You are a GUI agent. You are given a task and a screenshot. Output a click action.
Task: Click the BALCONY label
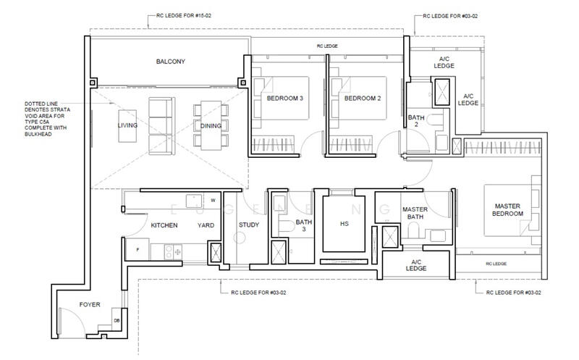(170, 62)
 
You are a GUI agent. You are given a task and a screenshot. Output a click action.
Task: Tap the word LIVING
(127, 125)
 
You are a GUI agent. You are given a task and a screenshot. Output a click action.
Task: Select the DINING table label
(211, 125)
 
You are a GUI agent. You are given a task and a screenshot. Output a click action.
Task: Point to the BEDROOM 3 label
(284, 99)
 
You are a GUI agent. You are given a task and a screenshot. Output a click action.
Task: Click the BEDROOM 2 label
(363, 99)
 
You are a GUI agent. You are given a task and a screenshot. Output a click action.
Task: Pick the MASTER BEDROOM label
(507, 209)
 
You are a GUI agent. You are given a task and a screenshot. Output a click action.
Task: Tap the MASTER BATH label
(415, 213)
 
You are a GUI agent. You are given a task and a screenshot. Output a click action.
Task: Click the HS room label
(345, 224)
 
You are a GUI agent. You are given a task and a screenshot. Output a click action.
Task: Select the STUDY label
(249, 225)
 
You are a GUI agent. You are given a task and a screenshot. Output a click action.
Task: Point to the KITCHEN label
(164, 225)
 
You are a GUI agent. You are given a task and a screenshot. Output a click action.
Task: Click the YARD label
(206, 225)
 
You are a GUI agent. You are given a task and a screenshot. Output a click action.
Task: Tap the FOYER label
(90, 304)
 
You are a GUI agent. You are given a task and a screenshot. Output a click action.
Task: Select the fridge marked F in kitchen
(138, 249)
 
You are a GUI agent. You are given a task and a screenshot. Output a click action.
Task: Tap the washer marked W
(213, 201)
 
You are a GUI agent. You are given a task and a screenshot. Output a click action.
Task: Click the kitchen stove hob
(173, 251)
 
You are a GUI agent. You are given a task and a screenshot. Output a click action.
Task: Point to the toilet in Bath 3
(286, 226)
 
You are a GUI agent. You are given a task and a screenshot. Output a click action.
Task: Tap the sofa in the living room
(161, 126)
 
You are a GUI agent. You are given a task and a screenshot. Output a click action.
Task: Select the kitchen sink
(194, 201)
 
